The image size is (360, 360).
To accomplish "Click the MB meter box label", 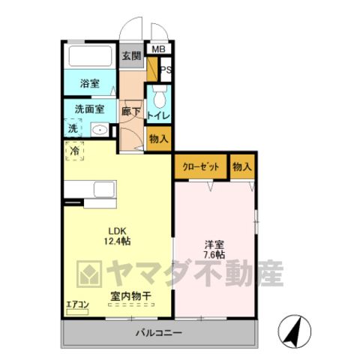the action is coord(159,49).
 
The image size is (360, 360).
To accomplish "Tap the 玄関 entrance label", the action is coord(131,56).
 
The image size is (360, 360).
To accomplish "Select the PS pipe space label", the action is coord(166,70).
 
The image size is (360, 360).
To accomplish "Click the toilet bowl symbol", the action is coord(160,97).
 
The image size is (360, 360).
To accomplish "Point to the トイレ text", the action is coord(159,115).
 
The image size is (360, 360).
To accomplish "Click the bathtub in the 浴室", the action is coord(90,56).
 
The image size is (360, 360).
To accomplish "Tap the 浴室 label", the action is coord(90,83).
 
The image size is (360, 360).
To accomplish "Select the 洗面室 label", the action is coord(89,109).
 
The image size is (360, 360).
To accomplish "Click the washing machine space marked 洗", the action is coord(73,128).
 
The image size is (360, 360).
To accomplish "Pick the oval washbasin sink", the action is coord(100,130).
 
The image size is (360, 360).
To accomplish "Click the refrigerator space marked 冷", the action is coord(74,151).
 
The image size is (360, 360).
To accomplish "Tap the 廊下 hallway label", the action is coord(131,112).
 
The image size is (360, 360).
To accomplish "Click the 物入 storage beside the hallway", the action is coord(159,139).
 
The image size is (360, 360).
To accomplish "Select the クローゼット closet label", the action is coord(201,166).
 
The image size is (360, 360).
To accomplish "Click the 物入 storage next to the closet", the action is coord(242,166).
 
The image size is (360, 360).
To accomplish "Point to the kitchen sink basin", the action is coord(105,190).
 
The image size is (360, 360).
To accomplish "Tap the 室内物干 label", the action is coord(131,296).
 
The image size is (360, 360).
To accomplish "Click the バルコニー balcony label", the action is coord(159,333).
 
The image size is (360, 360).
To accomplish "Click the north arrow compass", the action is coord(295,331).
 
